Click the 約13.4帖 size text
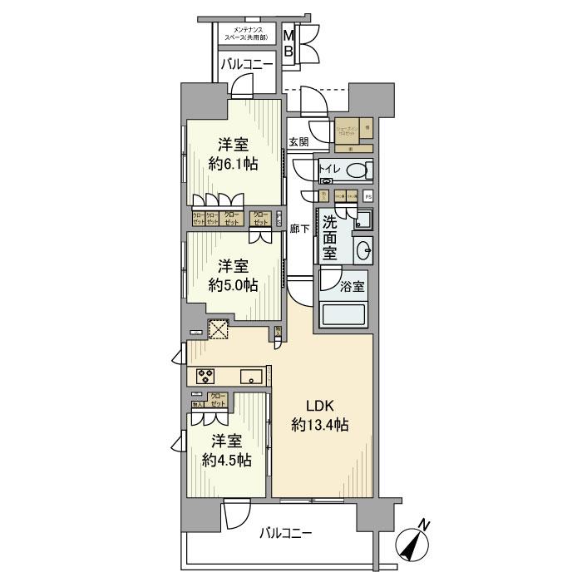coord(319,425)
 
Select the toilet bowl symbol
coord(357,171)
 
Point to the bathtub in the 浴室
coord(345,316)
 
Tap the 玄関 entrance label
coord(298,142)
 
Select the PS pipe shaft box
coord(367,196)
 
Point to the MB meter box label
coord(289,44)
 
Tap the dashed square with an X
coord(219,330)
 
